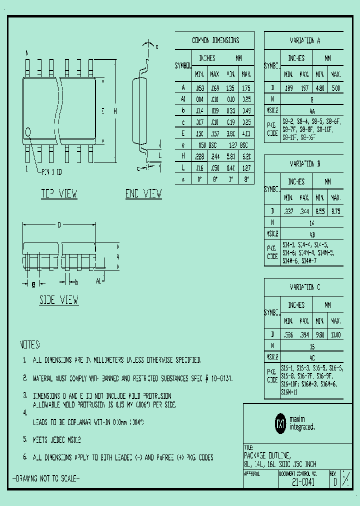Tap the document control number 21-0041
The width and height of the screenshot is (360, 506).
pos(303,483)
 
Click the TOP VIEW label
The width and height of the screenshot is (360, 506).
pos(59,194)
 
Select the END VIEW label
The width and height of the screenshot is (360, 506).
pos(143,194)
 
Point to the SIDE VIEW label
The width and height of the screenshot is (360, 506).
pos(59,300)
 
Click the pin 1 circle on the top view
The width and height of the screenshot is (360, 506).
pos(28,132)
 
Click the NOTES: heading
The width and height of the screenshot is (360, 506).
pos(30,345)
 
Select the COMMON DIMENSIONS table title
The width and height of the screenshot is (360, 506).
pos(215,40)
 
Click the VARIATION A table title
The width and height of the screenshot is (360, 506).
pos(305,40)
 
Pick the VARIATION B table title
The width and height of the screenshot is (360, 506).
pos(305,164)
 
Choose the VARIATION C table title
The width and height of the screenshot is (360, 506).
pos(305,287)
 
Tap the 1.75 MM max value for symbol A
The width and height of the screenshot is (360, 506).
pos(246,87)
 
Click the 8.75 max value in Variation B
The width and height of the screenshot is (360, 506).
pos(335,211)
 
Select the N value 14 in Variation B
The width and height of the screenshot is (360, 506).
pos(312,222)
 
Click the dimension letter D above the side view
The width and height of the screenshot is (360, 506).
pos(59,225)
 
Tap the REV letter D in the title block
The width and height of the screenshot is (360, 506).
pos(335,483)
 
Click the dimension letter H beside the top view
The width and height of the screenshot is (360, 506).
pos(114,112)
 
